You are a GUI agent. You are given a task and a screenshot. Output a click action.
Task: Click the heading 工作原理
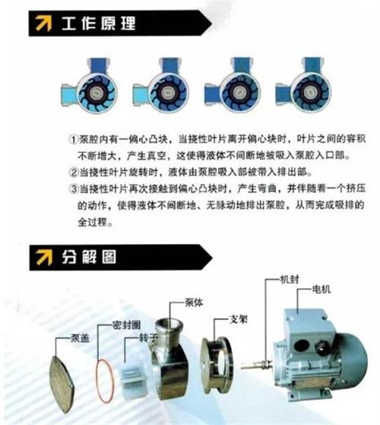102,24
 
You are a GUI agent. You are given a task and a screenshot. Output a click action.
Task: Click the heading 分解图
90,258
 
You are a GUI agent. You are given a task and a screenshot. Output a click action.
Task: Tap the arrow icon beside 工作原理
40,24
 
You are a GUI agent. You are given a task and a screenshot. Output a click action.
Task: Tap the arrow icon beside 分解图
40,258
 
